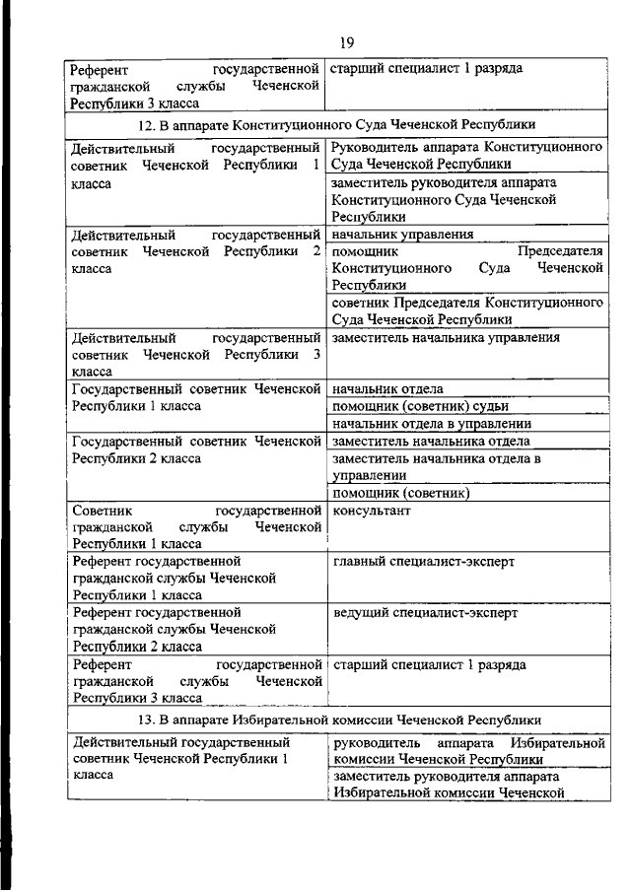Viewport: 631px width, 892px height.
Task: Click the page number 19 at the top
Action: pyautogui.click(x=346, y=41)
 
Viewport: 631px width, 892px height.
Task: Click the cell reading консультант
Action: pyautogui.click(x=371, y=511)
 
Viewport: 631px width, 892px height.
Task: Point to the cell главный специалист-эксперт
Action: pyautogui.click(x=424, y=562)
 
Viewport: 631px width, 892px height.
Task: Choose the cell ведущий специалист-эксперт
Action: pyautogui.click(x=425, y=613)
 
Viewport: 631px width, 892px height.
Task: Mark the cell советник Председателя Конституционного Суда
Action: pyautogui.click(x=467, y=310)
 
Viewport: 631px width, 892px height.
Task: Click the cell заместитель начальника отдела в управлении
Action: pyautogui.click(x=438, y=466)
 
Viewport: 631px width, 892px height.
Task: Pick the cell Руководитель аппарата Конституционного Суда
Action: pyautogui.click(x=467, y=155)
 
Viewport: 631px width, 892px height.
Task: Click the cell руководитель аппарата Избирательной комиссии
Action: pyautogui.click(x=467, y=751)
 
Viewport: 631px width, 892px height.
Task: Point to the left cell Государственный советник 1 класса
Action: pyautogui.click(x=197, y=397)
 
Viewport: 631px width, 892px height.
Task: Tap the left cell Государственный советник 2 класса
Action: pyautogui.click(x=197, y=450)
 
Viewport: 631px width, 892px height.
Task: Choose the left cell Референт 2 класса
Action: pyautogui.click(x=174, y=629)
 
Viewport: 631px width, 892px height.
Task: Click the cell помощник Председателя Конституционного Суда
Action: pyautogui.click(x=467, y=268)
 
